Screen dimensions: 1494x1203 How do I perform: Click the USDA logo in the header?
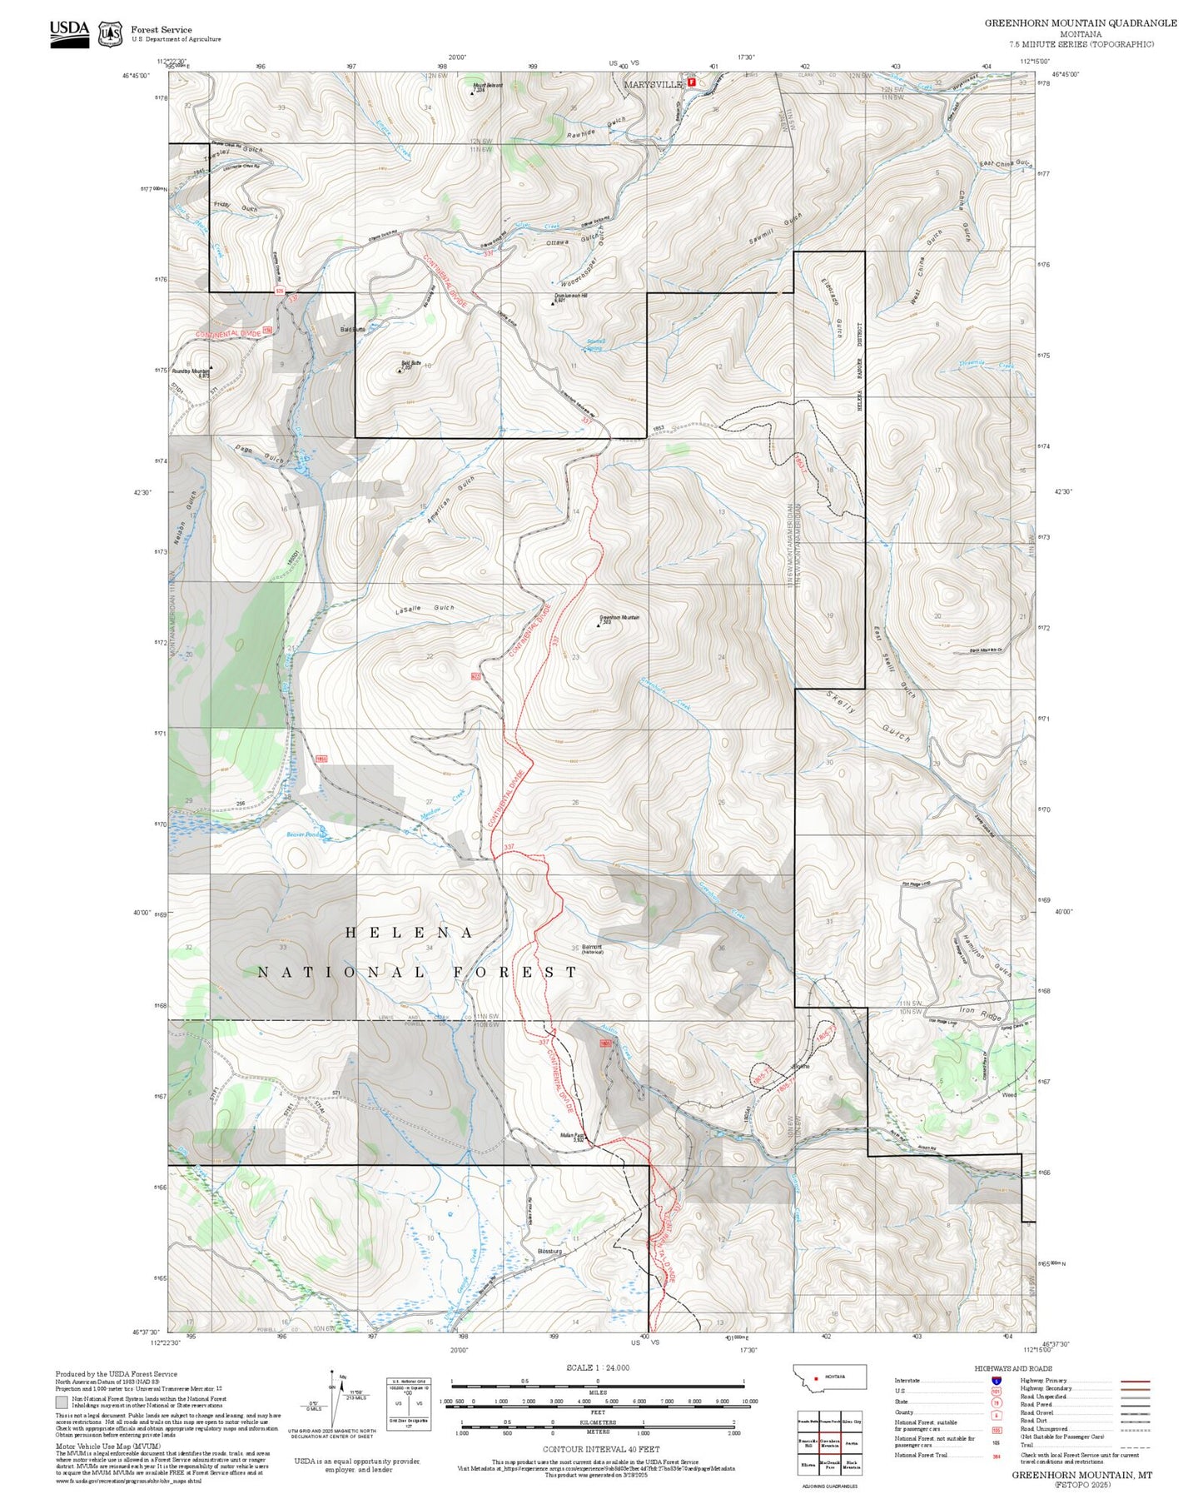[x=69, y=32]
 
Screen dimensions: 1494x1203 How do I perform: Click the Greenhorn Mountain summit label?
[x=619, y=619]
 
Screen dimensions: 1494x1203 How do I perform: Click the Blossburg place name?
[x=550, y=1251]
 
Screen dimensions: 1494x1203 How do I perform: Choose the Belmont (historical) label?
[x=592, y=948]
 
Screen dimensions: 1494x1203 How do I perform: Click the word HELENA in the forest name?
[x=410, y=933]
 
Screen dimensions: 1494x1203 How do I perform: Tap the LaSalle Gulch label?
[x=425, y=608]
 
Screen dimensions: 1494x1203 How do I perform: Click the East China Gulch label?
[x=1006, y=164]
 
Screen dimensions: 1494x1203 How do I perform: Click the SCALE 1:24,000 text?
[x=597, y=1367]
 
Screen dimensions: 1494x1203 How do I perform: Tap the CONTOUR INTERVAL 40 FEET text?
[x=597, y=1449]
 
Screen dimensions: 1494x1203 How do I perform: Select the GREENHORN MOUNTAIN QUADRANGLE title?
[x=1080, y=23]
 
